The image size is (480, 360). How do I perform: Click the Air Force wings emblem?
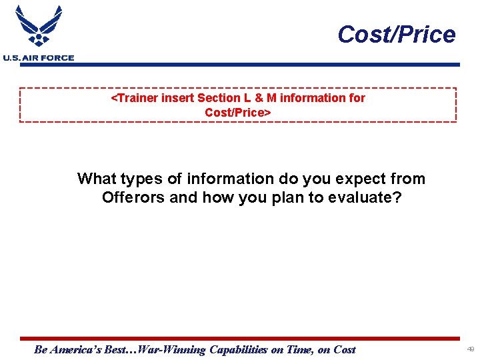pyautogui.click(x=38, y=27)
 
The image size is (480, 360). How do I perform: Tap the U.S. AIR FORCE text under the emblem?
pyautogui.click(x=38, y=58)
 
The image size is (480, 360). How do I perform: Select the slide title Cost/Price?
pyautogui.click(x=396, y=34)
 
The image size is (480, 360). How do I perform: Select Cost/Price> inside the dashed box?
pyautogui.click(x=238, y=112)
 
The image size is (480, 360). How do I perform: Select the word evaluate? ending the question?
pyautogui.click(x=365, y=197)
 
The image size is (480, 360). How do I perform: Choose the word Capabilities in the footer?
pyautogui.click(x=238, y=349)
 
